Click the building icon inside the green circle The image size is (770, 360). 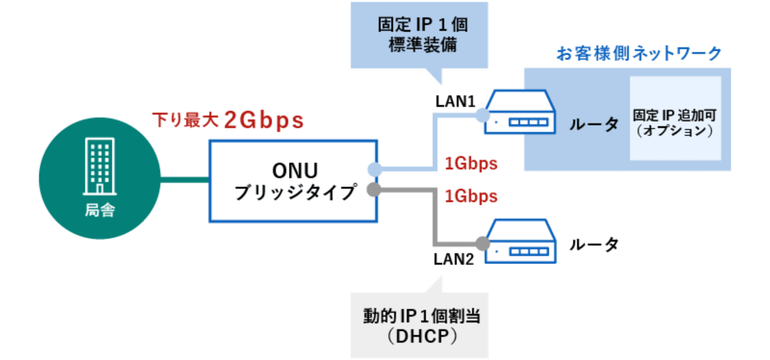[100, 166]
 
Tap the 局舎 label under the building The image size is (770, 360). [100, 210]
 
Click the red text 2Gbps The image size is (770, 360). [264, 120]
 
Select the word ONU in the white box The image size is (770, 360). [295, 170]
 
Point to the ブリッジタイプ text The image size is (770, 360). [295, 193]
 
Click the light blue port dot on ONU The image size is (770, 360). [375, 169]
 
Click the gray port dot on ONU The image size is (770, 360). [374, 190]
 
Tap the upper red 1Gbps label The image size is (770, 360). [470, 164]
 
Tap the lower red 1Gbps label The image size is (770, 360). [470, 196]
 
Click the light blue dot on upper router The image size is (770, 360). [482, 115]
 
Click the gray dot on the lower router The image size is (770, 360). [482, 244]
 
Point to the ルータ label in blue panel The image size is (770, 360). [593, 124]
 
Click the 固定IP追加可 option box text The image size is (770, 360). [675, 116]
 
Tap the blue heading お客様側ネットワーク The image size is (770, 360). [639, 53]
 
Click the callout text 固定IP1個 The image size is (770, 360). [422, 24]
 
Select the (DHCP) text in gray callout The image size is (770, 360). [422, 336]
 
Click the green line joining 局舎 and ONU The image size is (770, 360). [185, 179]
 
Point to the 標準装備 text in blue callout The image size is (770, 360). [422, 45]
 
